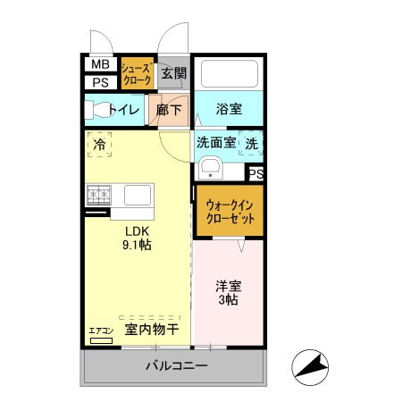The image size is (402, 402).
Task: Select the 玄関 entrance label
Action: click(x=174, y=74)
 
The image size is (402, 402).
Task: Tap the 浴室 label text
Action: click(x=229, y=110)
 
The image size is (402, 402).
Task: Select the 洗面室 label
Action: click(x=216, y=141)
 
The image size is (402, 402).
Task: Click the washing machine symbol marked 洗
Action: click(x=252, y=142)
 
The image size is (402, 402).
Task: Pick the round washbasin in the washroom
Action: click(x=211, y=168)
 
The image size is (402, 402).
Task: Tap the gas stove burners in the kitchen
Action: click(x=98, y=194)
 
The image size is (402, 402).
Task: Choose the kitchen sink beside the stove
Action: click(x=138, y=194)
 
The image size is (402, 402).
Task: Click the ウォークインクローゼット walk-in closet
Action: click(x=229, y=212)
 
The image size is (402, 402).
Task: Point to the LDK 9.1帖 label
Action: click(x=137, y=236)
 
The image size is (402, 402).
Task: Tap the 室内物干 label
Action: click(x=151, y=330)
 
